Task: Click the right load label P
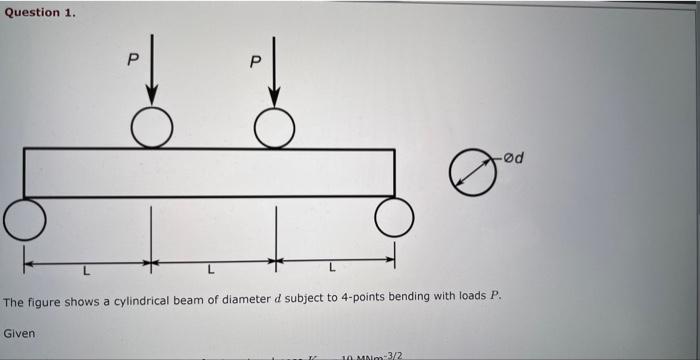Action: point(255,62)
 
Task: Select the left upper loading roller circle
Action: point(152,127)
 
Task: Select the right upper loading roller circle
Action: point(274,127)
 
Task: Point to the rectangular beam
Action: point(209,173)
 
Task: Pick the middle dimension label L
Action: point(211,270)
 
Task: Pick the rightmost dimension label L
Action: point(333,269)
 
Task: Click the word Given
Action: point(20,332)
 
